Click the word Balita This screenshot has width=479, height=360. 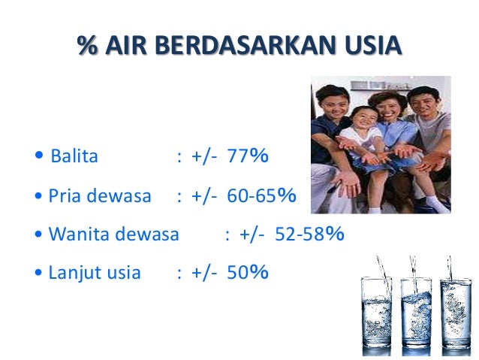click(74, 157)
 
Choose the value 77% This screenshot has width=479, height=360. click(248, 157)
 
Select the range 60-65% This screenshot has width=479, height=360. click(261, 196)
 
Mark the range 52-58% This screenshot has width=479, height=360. click(309, 234)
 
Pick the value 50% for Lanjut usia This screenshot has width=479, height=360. click(248, 273)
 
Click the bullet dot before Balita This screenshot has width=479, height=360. click(39, 157)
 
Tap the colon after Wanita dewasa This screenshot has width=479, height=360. click(227, 234)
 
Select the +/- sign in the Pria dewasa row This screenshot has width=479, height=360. click(203, 196)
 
